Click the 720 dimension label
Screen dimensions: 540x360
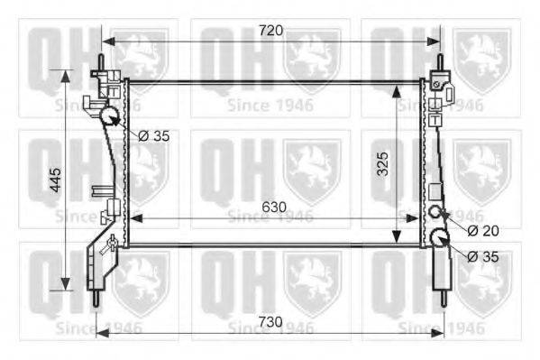coord(270,31)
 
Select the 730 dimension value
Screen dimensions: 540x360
coord(270,322)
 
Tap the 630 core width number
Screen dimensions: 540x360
coord(274,207)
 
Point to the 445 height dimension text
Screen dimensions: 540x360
coord(55,180)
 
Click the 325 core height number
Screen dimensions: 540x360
coord(382,164)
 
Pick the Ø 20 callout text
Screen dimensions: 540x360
coord(483,231)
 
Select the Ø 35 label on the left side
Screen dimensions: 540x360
coord(154,136)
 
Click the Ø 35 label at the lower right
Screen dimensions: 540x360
coord(483,256)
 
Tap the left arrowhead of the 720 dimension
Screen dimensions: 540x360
coord(108,42)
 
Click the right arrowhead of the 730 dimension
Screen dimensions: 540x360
coord(437,333)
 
